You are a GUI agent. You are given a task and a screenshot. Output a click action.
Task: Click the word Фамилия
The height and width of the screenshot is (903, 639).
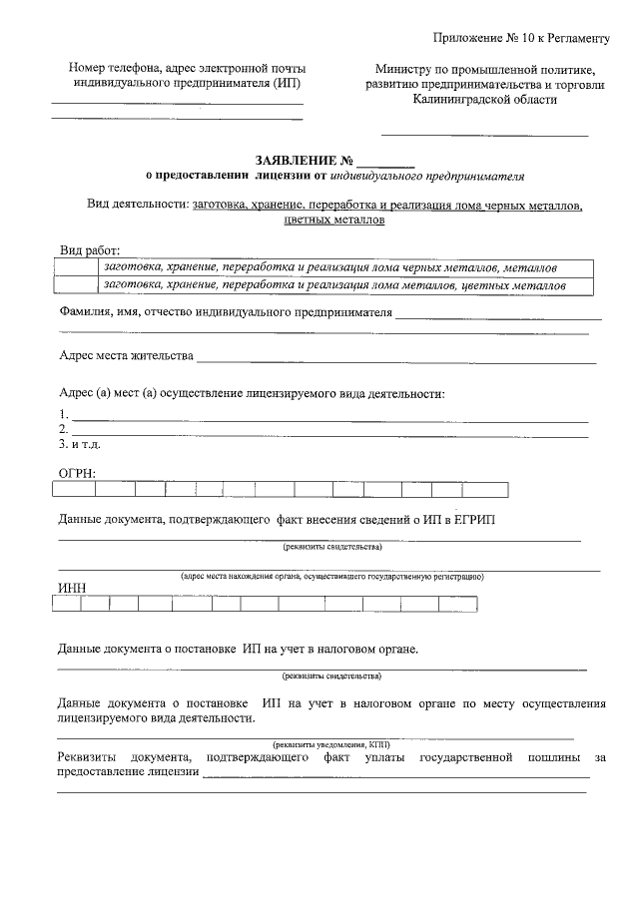(84, 312)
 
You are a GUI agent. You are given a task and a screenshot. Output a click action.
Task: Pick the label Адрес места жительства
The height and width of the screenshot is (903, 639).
(125, 356)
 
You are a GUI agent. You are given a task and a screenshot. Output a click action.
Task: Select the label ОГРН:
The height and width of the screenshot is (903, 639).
(77, 472)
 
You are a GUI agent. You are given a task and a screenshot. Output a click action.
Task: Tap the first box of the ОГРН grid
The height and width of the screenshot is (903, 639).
(70, 489)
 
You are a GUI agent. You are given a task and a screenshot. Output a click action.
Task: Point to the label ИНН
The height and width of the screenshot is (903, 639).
(72, 588)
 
